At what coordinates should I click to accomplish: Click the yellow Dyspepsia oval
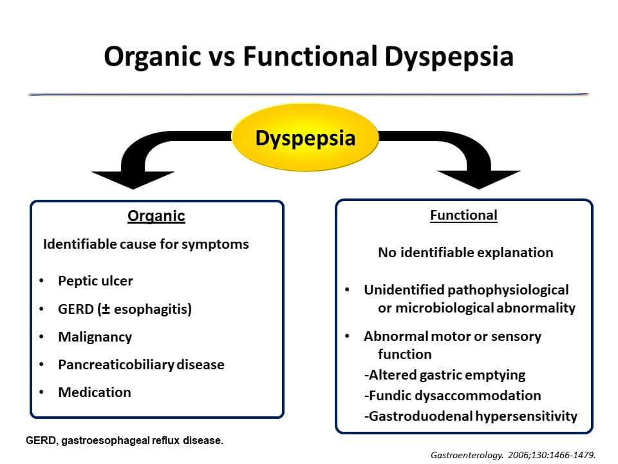(305, 139)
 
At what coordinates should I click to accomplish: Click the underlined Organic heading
(156, 216)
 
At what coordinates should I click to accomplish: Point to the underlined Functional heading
(464, 215)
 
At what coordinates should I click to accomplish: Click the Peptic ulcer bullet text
(95, 281)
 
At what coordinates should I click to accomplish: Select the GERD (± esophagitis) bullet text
(125, 309)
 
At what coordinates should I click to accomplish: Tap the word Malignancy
(95, 336)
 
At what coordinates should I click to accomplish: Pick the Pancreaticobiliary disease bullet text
(141, 364)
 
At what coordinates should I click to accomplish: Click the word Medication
(95, 392)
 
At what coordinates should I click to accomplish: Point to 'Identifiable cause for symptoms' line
(145, 244)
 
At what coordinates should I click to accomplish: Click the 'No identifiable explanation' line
(465, 252)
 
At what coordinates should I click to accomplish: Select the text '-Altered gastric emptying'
(445, 374)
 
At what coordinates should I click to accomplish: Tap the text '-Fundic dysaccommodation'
(453, 395)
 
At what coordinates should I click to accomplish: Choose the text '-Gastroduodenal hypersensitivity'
(471, 416)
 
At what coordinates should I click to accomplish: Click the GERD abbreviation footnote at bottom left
(124, 441)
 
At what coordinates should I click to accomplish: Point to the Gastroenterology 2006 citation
(513, 454)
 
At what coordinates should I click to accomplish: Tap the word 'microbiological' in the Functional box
(443, 307)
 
